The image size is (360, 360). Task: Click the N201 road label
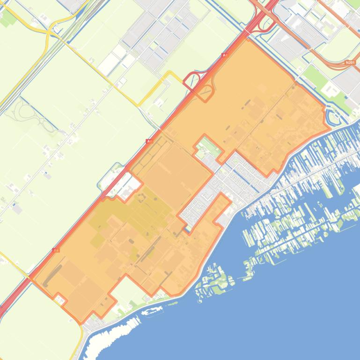pos(349,62)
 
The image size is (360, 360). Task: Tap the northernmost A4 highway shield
pos(224,55)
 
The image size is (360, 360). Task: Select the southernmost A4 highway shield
pos(57,250)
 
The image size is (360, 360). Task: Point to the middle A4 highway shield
pos(149,141)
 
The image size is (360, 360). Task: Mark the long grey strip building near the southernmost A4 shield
pos(52,275)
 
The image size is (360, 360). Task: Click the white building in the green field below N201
pos(331,88)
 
